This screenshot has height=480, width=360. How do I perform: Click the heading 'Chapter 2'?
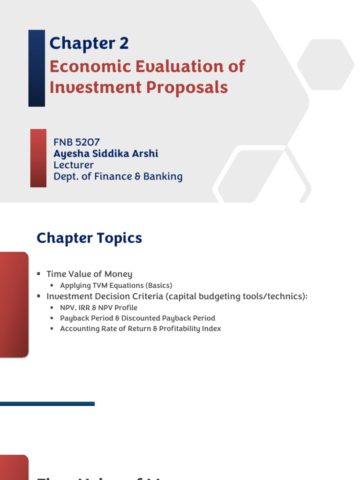click(89, 44)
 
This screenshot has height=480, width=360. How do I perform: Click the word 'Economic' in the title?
click(82, 67)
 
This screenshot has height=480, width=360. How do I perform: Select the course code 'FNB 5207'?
click(77, 142)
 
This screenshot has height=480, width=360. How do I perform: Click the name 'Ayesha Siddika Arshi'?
click(105, 154)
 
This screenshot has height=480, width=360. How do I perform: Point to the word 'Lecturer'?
click(73, 165)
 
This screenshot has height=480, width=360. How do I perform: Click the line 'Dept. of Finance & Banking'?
click(118, 177)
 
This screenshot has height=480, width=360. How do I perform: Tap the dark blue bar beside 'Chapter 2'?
click(37, 68)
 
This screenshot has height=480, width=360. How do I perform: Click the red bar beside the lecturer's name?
click(38, 158)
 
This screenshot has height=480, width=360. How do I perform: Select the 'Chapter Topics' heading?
click(89, 238)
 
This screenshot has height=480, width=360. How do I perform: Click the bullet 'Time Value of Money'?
click(89, 274)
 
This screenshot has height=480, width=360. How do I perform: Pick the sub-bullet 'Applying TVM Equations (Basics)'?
click(116, 285)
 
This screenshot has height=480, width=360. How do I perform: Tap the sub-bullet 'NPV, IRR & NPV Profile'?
click(98, 307)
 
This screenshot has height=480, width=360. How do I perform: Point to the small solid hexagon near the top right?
click(326, 64)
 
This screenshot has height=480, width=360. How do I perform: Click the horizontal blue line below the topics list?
click(47, 404)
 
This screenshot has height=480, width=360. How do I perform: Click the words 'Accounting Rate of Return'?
click(103, 329)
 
